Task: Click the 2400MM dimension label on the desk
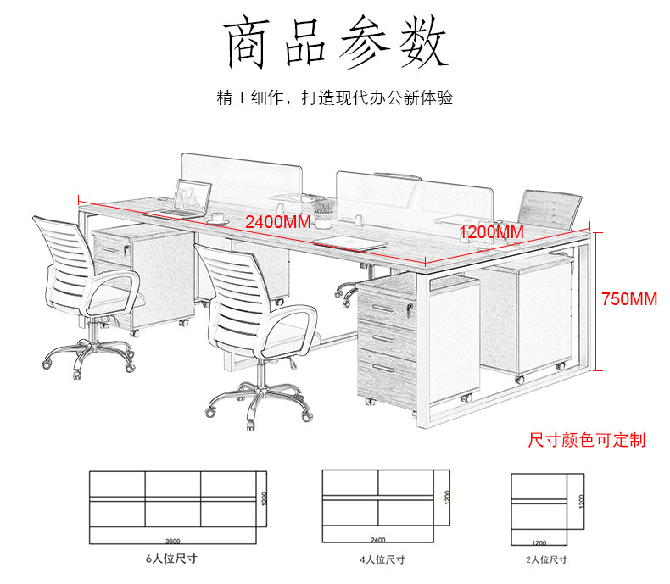point(277,223)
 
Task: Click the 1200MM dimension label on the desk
point(491,231)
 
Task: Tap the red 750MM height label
point(629,299)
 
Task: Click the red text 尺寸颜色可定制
point(586,440)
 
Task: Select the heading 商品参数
point(335,42)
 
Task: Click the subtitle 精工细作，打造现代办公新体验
point(335,98)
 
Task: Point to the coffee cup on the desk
point(219,218)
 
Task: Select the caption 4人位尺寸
point(382,559)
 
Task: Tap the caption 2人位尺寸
point(545,559)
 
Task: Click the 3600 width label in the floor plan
point(174,539)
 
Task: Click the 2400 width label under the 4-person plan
point(378,539)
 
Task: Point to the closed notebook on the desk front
point(349,243)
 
